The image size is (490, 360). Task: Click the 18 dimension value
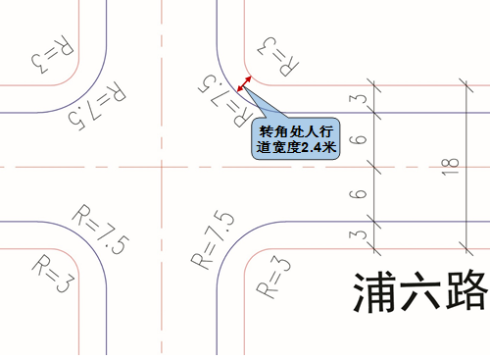point(451,167)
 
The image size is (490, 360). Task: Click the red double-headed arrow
point(244,83)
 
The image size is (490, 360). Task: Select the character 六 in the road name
point(420,291)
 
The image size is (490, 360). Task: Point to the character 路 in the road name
point(466,291)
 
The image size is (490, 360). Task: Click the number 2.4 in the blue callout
point(312,148)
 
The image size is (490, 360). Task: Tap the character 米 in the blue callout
point(329,147)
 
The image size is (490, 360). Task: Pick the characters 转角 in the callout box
point(273,131)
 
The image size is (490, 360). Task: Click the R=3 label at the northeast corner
point(277,57)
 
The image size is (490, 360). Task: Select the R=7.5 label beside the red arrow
point(225,100)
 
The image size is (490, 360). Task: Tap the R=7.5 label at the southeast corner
point(213,239)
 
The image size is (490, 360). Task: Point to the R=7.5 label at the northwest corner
point(97,106)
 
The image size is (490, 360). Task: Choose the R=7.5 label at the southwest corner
point(101,230)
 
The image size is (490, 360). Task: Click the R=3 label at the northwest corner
point(53,54)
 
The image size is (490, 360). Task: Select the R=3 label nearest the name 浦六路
point(273,277)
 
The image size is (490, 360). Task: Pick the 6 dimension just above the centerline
point(359,139)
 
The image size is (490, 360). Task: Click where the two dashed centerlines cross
point(162,167)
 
